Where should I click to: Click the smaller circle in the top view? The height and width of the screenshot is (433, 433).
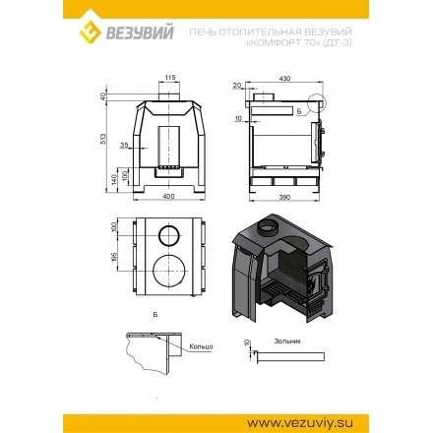168,235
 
